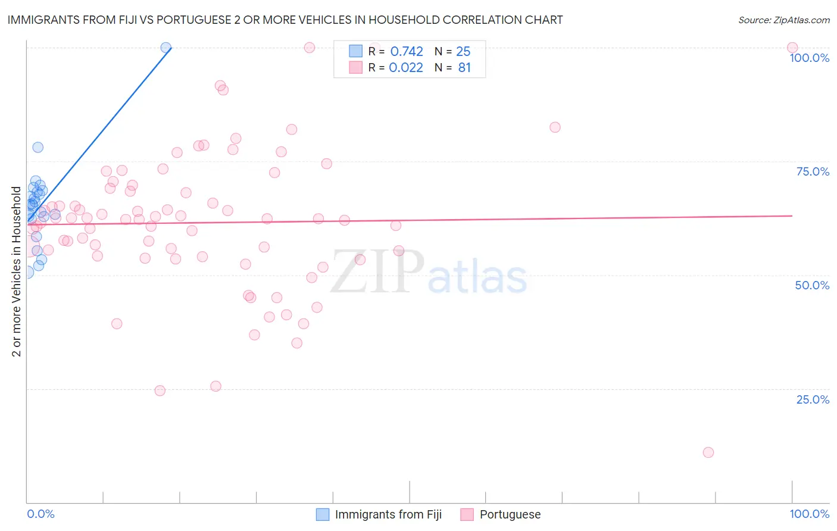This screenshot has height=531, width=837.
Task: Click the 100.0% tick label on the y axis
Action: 809,58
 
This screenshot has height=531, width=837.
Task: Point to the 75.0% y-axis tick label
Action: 813,171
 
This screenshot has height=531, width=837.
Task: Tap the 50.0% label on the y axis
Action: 812,285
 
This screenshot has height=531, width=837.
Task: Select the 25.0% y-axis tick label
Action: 813,399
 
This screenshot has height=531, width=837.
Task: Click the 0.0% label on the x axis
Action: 40,514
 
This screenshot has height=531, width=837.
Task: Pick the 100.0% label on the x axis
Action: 809,514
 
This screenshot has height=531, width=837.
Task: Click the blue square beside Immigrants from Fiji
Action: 323,514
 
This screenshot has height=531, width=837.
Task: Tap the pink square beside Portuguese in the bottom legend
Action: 467,514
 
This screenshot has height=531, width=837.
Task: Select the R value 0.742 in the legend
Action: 407,52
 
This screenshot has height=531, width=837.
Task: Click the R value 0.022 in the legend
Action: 406,68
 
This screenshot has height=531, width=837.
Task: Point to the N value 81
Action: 464,68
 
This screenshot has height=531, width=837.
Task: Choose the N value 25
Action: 463,52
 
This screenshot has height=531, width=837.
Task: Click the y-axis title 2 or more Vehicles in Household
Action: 17,271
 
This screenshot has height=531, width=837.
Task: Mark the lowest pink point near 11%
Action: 708,452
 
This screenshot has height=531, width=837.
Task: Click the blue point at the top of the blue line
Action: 166,48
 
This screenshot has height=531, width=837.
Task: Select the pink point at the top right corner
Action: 792,48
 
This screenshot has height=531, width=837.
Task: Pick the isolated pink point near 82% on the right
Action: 555,127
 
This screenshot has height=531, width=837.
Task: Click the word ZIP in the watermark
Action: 377,271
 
